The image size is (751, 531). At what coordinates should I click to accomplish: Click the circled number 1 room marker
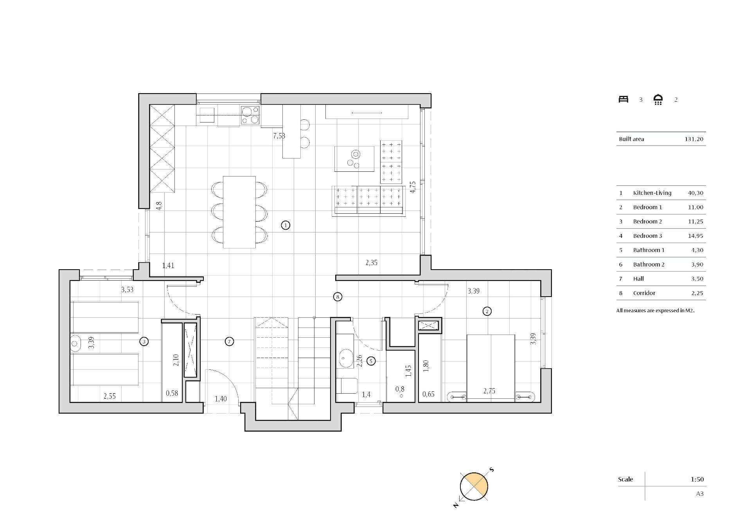click(x=286, y=225)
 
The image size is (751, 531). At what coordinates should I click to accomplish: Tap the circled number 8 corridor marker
click(x=338, y=297)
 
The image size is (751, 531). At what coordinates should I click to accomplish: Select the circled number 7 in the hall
click(x=230, y=342)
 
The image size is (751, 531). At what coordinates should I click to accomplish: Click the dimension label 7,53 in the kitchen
click(x=279, y=136)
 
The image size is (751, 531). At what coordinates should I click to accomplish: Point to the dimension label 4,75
click(x=413, y=187)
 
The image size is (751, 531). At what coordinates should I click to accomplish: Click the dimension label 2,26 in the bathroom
click(x=360, y=360)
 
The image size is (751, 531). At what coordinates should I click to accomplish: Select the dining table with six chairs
click(x=239, y=212)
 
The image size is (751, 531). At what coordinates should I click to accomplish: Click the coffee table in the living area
click(x=354, y=158)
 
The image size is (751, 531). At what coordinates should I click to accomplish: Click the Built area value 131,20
click(x=694, y=139)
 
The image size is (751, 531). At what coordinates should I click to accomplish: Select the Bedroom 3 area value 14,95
click(x=695, y=236)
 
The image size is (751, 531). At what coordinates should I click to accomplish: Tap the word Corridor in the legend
click(x=644, y=293)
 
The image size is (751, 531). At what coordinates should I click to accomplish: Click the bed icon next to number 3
click(x=623, y=99)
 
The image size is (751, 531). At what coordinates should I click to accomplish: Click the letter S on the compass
click(x=492, y=470)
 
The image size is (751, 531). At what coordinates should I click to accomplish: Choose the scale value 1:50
click(x=697, y=479)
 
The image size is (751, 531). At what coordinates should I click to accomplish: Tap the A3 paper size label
click(x=700, y=493)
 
